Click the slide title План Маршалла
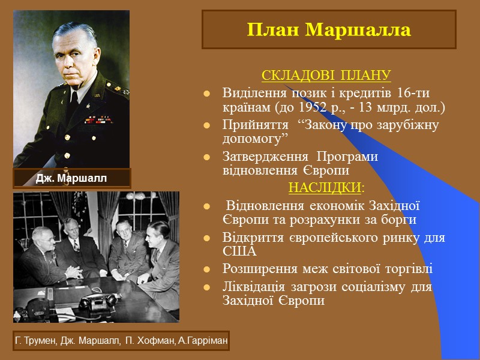[x=329, y=30]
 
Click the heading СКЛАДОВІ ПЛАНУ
[x=326, y=77]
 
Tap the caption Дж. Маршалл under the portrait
[x=71, y=179]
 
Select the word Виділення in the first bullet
[x=248, y=94]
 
